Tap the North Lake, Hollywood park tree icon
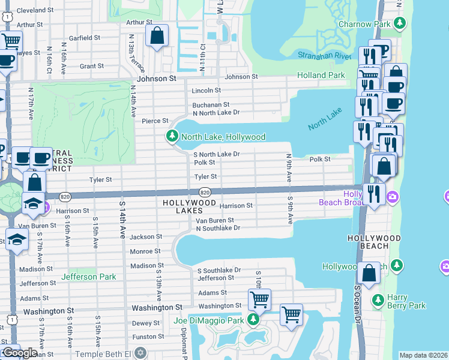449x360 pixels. pyautogui.click(x=172, y=137)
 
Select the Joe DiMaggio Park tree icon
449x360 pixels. pyautogui.click(x=253, y=320)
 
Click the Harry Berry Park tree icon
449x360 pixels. pyautogui.click(x=378, y=299)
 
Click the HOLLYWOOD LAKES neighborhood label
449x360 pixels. pyautogui.click(x=189, y=207)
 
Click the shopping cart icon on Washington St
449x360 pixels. pyautogui.click(x=259, y=299)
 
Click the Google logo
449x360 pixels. pyautogui.click(x=20, y=353)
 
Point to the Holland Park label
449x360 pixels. pyautogui.click(x=321, y=75)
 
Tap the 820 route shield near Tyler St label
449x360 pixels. pyautogui.click(x=205, y=192)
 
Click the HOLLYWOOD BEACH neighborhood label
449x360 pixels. pyautogui.click(x=374, y=238)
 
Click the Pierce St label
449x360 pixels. pyautogui.click(x=155, y=121)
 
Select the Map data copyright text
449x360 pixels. pyautogui.click(x=423, y=355)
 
